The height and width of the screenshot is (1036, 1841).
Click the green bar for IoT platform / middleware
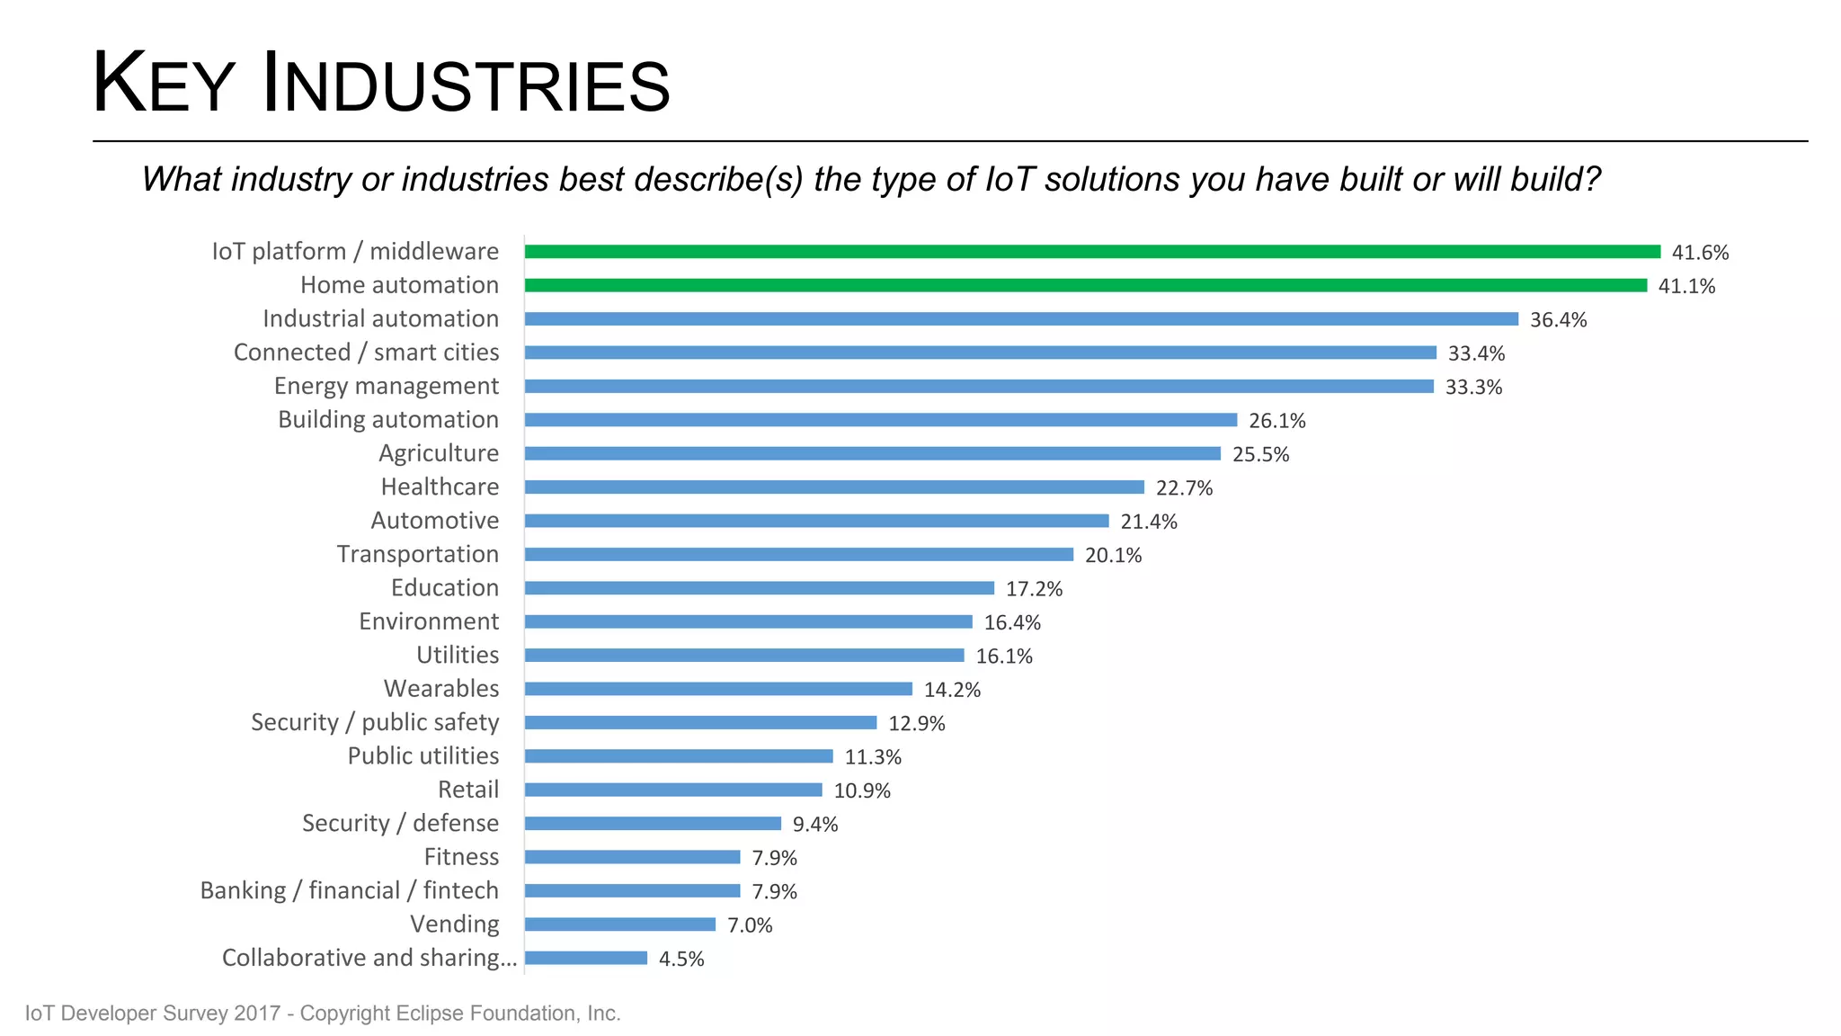click(x=1092, y=252)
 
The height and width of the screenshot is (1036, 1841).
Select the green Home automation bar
click(x=1085, y=285)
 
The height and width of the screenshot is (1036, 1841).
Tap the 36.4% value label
click(x=1558, y=320)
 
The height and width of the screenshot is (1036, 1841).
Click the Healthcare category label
click(x=440, y=487)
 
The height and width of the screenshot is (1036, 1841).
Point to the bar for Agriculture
click(x=872, y=453)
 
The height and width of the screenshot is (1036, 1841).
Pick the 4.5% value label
click(x=681, y=959)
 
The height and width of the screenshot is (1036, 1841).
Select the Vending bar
click(x=620, y=924)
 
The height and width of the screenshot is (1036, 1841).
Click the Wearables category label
click(x=441, y=689)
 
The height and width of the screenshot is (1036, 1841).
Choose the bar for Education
click(x=760, y=588)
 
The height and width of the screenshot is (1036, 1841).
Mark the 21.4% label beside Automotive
click(x=1148, y=522)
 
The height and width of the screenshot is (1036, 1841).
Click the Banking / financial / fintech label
click(x=349, y=890)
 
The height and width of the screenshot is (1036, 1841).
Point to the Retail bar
click(x=673, y=790)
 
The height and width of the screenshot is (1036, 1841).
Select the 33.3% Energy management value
click(x=1473, y=388)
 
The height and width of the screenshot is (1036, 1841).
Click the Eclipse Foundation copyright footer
click(x=323, y=1014)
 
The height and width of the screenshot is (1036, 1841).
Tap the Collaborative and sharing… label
click(x=369, y=958)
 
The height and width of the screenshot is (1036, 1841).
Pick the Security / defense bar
click(x=653, y=824)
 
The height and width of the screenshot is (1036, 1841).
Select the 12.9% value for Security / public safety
click(x=916, y=724)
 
